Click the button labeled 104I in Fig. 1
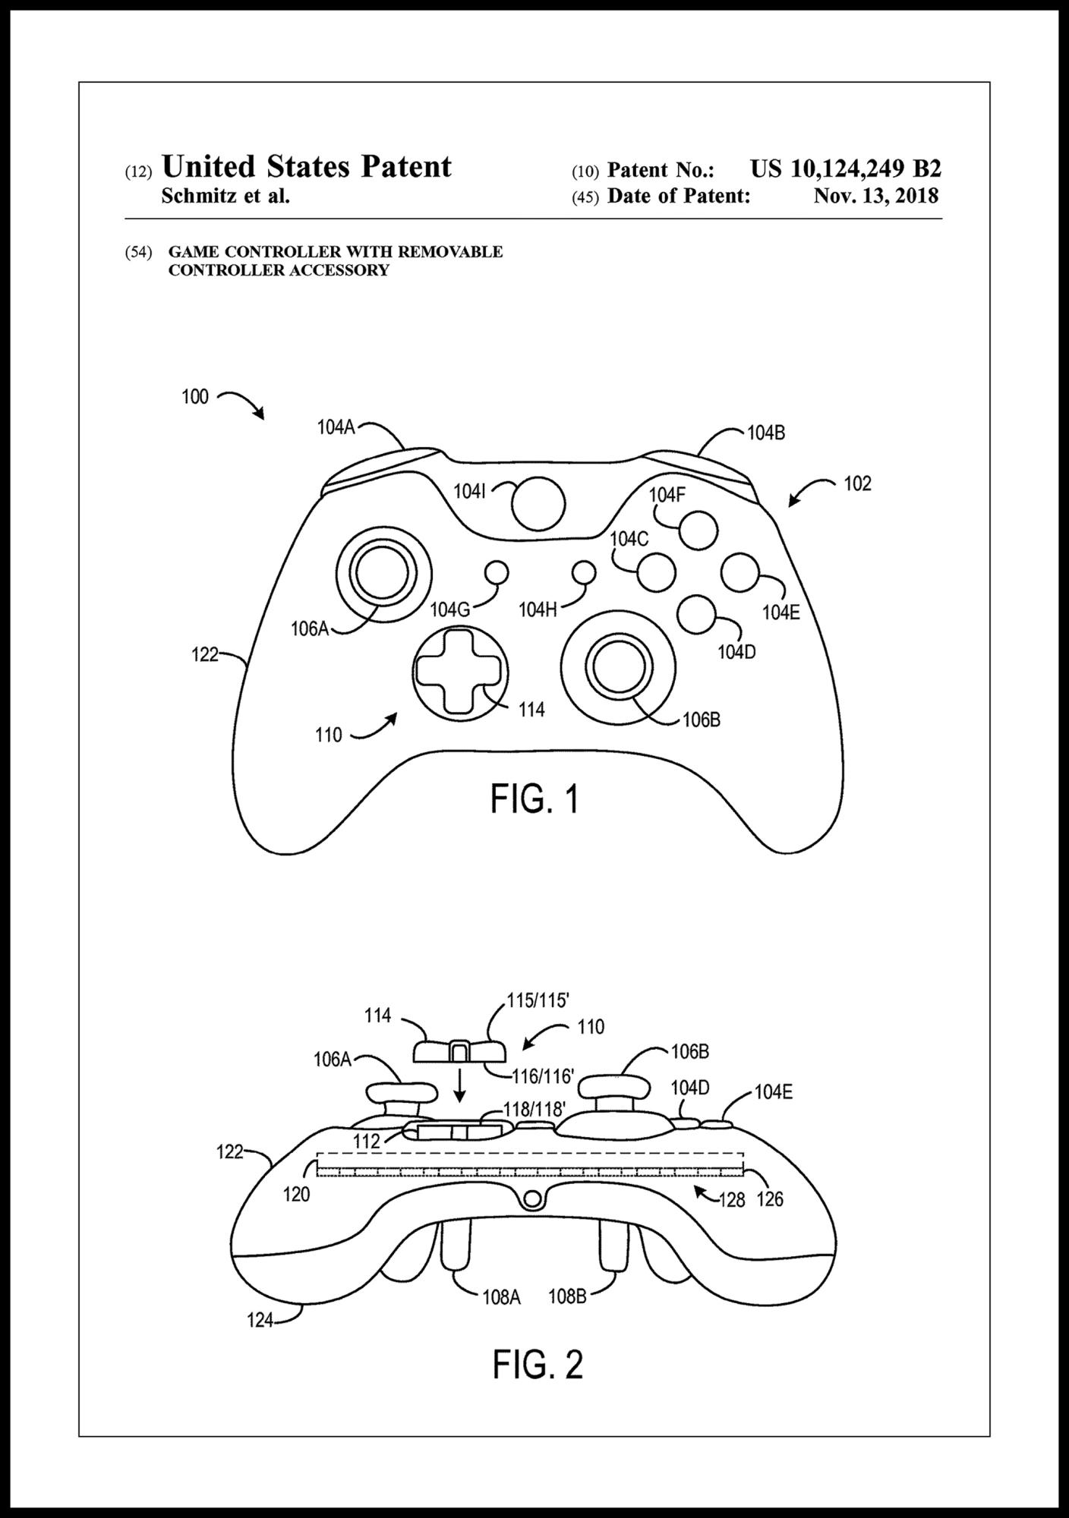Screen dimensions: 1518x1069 pyautogui.click(x=538, y=504)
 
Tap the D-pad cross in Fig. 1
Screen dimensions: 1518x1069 pyautogui.click(x=458, y=670)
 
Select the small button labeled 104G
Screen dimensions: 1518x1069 pyautogui.click(x=497, y=572)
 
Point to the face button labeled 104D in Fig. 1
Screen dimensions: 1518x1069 pyautogui.click(x=696, y=615)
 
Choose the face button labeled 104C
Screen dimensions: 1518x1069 pyautogui.click(x=657, y=573)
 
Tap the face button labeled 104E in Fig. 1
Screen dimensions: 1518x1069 pyautogui.click(x=741, y=573)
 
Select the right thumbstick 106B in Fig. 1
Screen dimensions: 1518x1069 pyautogui.click(x=619, y=668)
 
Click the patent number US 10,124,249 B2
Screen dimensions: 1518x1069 pyautogui.click(x=845, y=168)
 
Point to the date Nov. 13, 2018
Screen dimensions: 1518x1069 pyautogui.click(x=875, y=196)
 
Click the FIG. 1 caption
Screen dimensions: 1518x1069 pyautogui.click(x=534, y=799)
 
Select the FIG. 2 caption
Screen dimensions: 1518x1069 pyautogui.click(x=538, y=1364)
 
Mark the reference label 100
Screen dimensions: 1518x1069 pyautogui.click(x=195, y=397)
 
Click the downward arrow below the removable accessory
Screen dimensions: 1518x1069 pyautogui.click(x=459, y=1091)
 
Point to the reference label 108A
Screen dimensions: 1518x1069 pyautogui.click(x=501, y=1297)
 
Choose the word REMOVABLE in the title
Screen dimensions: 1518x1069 pyautogui.click(x=453, y=252)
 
